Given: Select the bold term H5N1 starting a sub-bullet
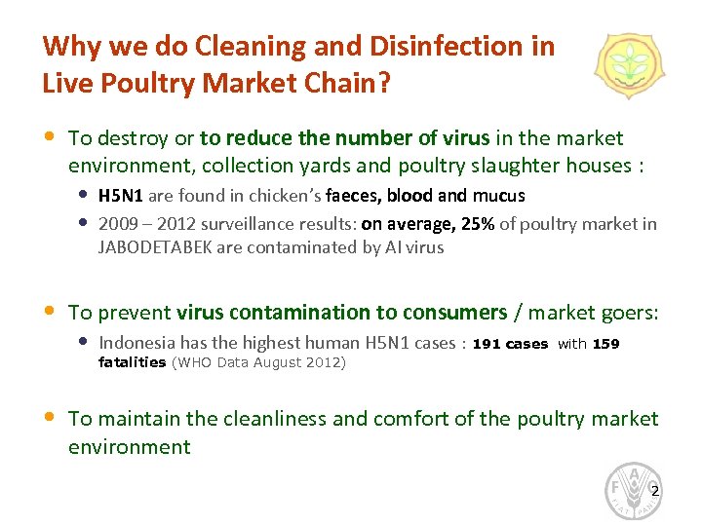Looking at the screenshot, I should tap(119, 196).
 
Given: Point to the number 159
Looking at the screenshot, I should tap(605, 344).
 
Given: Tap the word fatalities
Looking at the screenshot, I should tap(133, 362).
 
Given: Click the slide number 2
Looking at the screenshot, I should tap(654, 490).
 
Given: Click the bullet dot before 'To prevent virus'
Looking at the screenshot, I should tap(50, 313).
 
